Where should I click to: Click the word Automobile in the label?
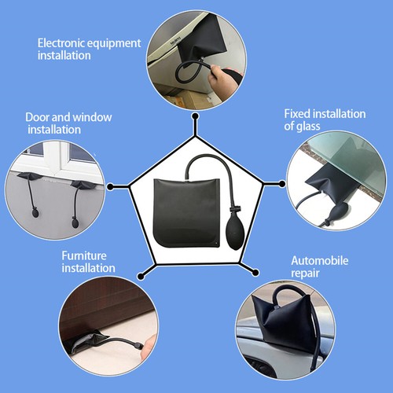(320, 260)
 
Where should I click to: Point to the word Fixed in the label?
(297, 113)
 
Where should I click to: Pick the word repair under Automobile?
(306, 273)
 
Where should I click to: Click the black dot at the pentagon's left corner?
(111, 186)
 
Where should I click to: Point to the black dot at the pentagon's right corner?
(282, 186)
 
